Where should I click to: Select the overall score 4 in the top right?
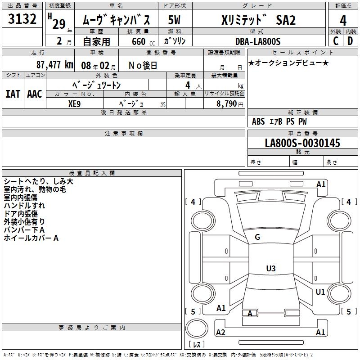[343, 21]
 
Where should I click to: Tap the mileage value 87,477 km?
[54, 64]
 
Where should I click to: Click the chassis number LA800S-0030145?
[302, 143]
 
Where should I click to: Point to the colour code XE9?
[74, 103]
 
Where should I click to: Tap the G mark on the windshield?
[257, 237]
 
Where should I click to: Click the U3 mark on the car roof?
[270, 269]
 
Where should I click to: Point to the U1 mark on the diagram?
[320, 292]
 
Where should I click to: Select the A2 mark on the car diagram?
[220, 332]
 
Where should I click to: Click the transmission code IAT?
[13, 94]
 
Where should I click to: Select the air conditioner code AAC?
[35, 94]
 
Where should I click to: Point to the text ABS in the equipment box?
[258, 121]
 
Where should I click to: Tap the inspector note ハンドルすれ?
[24, 205]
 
